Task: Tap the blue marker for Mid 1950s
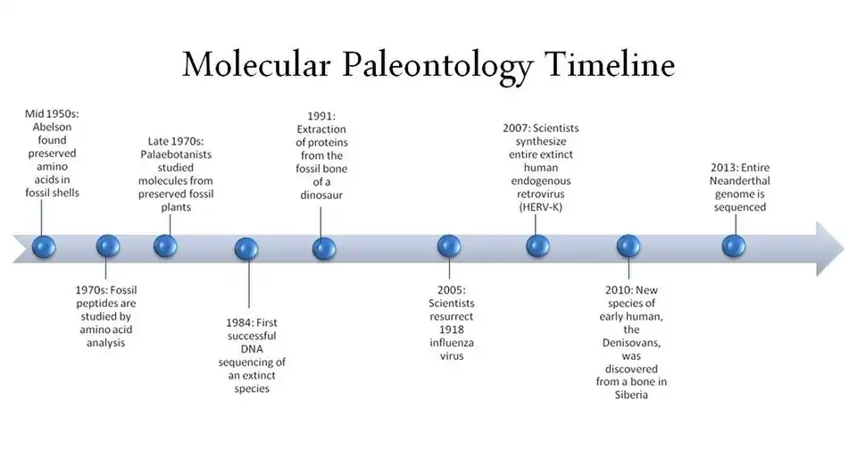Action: pos(43,246)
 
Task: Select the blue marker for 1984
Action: pos(246,248)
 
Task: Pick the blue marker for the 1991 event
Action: pos(324,247)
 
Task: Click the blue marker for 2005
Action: pos(449,246)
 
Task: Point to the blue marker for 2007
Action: pos(537,245)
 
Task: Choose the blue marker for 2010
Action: pos(628,246)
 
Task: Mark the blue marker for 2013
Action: pos(733,245)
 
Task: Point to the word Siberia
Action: pos(632,395)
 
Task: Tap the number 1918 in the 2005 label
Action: pos(450,330)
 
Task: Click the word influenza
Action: pos(450,344)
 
